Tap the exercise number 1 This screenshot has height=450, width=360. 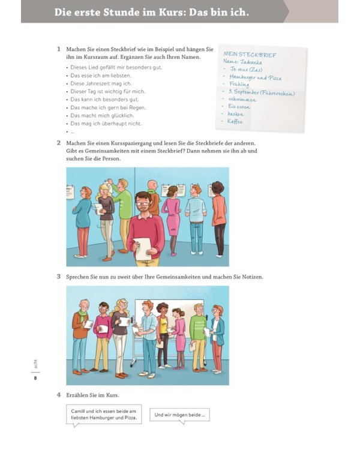58,49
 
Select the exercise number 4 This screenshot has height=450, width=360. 58,395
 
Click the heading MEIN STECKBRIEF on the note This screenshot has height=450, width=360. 250,55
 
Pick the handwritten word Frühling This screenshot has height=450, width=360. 239,85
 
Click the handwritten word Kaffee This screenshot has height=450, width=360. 235,121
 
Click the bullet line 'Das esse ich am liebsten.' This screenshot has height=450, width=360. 100,76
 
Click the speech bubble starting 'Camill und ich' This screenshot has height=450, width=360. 104,414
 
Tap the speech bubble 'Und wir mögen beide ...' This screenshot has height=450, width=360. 179,415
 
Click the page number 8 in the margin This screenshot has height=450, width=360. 35,378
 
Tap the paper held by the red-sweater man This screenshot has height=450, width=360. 143,247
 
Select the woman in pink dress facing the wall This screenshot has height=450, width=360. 171,219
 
